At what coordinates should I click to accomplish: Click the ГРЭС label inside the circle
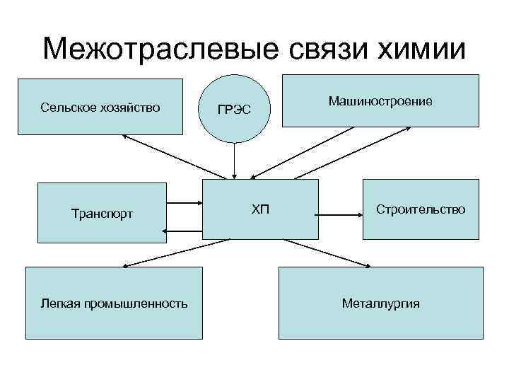[x=233, y=110]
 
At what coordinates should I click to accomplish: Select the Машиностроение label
[x=380, y=102]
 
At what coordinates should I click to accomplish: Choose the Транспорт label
[x=102, y=214]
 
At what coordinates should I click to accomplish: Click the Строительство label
[x=421, y=209]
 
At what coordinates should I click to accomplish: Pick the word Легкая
[x=60, y=303]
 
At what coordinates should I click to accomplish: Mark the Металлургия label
[x=380, y=303]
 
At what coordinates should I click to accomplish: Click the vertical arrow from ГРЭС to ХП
[x=233, y=159]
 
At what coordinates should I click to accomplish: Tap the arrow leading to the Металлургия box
[x=304, y=253]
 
